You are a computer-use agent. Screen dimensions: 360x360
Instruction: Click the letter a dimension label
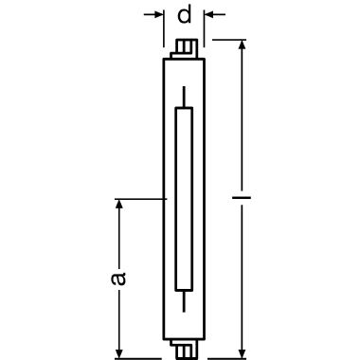117,278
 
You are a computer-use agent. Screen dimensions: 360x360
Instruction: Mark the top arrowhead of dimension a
118,203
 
